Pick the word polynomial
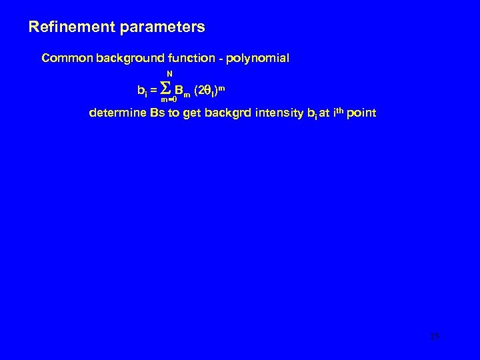click(257, 58)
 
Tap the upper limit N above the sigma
click(169, 73)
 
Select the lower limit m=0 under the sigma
click(169, 99)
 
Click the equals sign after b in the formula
click(154, 89)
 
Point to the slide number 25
click(434, 337)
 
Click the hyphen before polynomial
click(221, 59)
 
